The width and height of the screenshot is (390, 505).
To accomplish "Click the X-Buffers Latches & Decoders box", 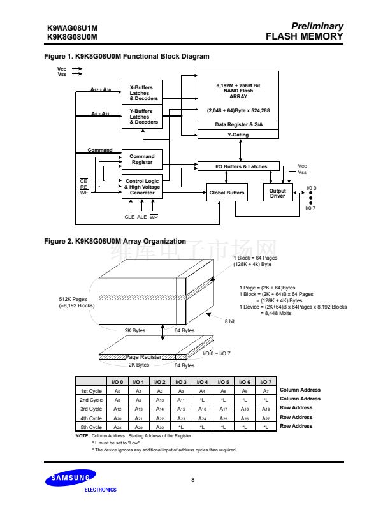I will point(142,92).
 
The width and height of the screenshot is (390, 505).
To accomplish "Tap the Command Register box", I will point(141,159).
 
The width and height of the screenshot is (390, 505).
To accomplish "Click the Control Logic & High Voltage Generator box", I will point(142,187).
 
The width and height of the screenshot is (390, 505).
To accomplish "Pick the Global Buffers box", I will point(226,193).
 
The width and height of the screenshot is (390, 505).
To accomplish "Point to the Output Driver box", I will point(278,193).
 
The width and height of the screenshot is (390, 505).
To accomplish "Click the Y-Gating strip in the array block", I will point(238,135).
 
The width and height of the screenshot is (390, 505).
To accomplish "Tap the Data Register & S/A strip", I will point(238,124).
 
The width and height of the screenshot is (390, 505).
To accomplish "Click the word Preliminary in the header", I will point(317,26).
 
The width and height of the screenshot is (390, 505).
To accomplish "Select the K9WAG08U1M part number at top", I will point(72,27).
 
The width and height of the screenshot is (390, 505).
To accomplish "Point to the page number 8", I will point(193,479).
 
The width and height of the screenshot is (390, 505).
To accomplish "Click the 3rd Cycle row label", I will point(90,408).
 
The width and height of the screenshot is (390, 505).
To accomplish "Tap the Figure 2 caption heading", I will point(115,242).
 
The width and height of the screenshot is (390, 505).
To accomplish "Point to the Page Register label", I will point(143,357).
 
